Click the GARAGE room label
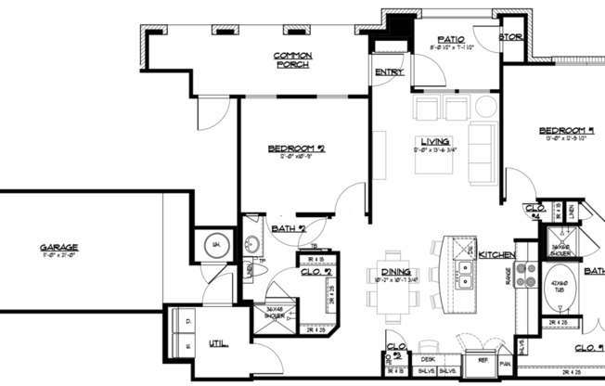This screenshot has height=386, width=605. [x=58, y=247]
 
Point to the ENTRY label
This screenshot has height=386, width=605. [x=387, y=72]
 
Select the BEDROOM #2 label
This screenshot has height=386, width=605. [x=296, y=148]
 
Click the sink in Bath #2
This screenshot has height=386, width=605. [x=251, y=245]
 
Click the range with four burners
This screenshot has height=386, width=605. [x=527, y=275]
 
